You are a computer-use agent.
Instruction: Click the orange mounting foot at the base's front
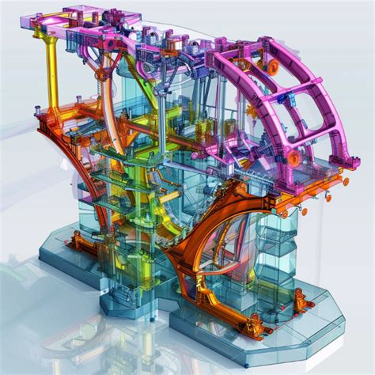[x=255, y=323]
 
